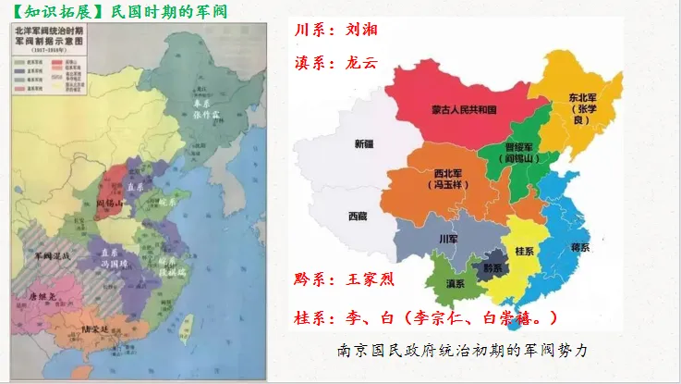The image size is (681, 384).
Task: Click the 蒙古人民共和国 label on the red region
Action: tap(464, 109)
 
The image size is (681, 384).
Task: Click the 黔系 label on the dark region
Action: tap(493, 267)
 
